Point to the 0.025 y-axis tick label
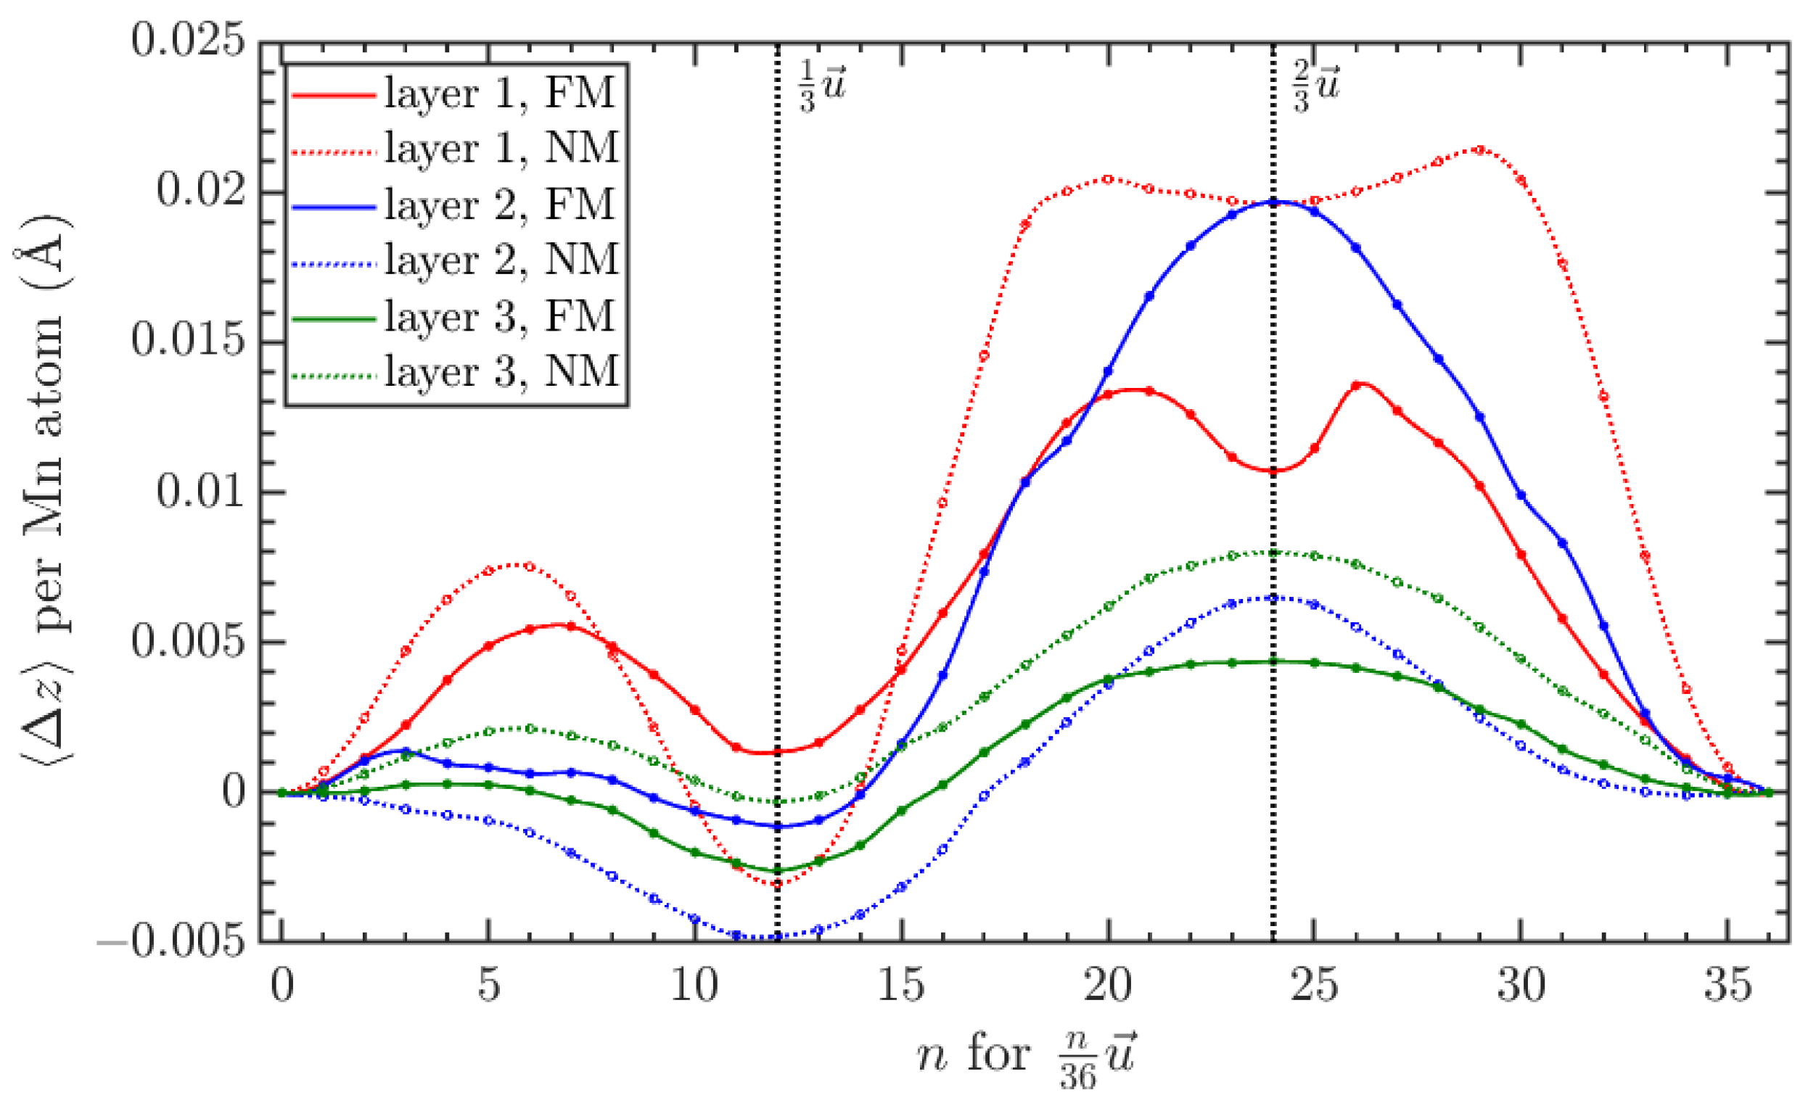coord(188,41)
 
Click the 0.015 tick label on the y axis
coord(188,341)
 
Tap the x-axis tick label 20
coord(1107,985)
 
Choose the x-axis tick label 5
coord(488,985)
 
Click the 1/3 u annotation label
coord(822,87)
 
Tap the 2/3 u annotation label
coord(1316,87)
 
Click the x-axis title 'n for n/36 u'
coord(1027,1057)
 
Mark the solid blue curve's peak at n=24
coord(1273,201)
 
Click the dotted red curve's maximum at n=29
coord(1479,149)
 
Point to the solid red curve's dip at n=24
coord(1273,471)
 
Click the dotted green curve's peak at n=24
coord(1273,553)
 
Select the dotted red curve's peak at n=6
coord(529,566)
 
